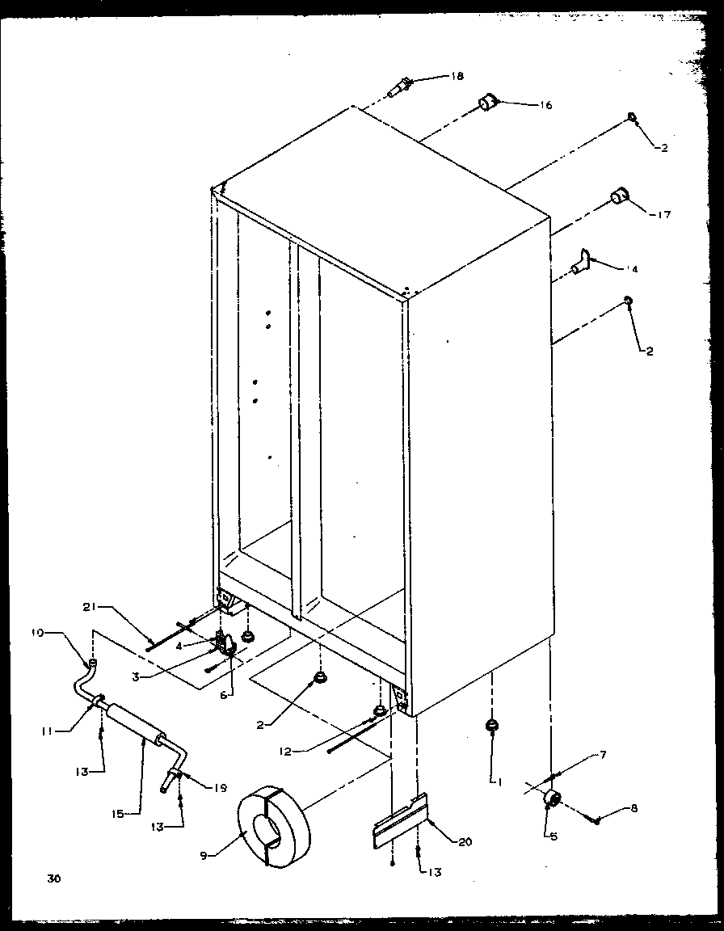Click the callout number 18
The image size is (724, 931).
point(457,77)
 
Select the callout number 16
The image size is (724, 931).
point(546,106)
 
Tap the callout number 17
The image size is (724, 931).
point(663,215)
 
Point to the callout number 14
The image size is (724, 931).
point(631,269)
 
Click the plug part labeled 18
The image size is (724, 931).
point(401,84)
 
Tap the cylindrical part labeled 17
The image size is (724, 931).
point(621,196)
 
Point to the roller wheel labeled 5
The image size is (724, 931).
point(554,799)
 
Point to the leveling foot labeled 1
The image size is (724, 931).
point(490,727)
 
